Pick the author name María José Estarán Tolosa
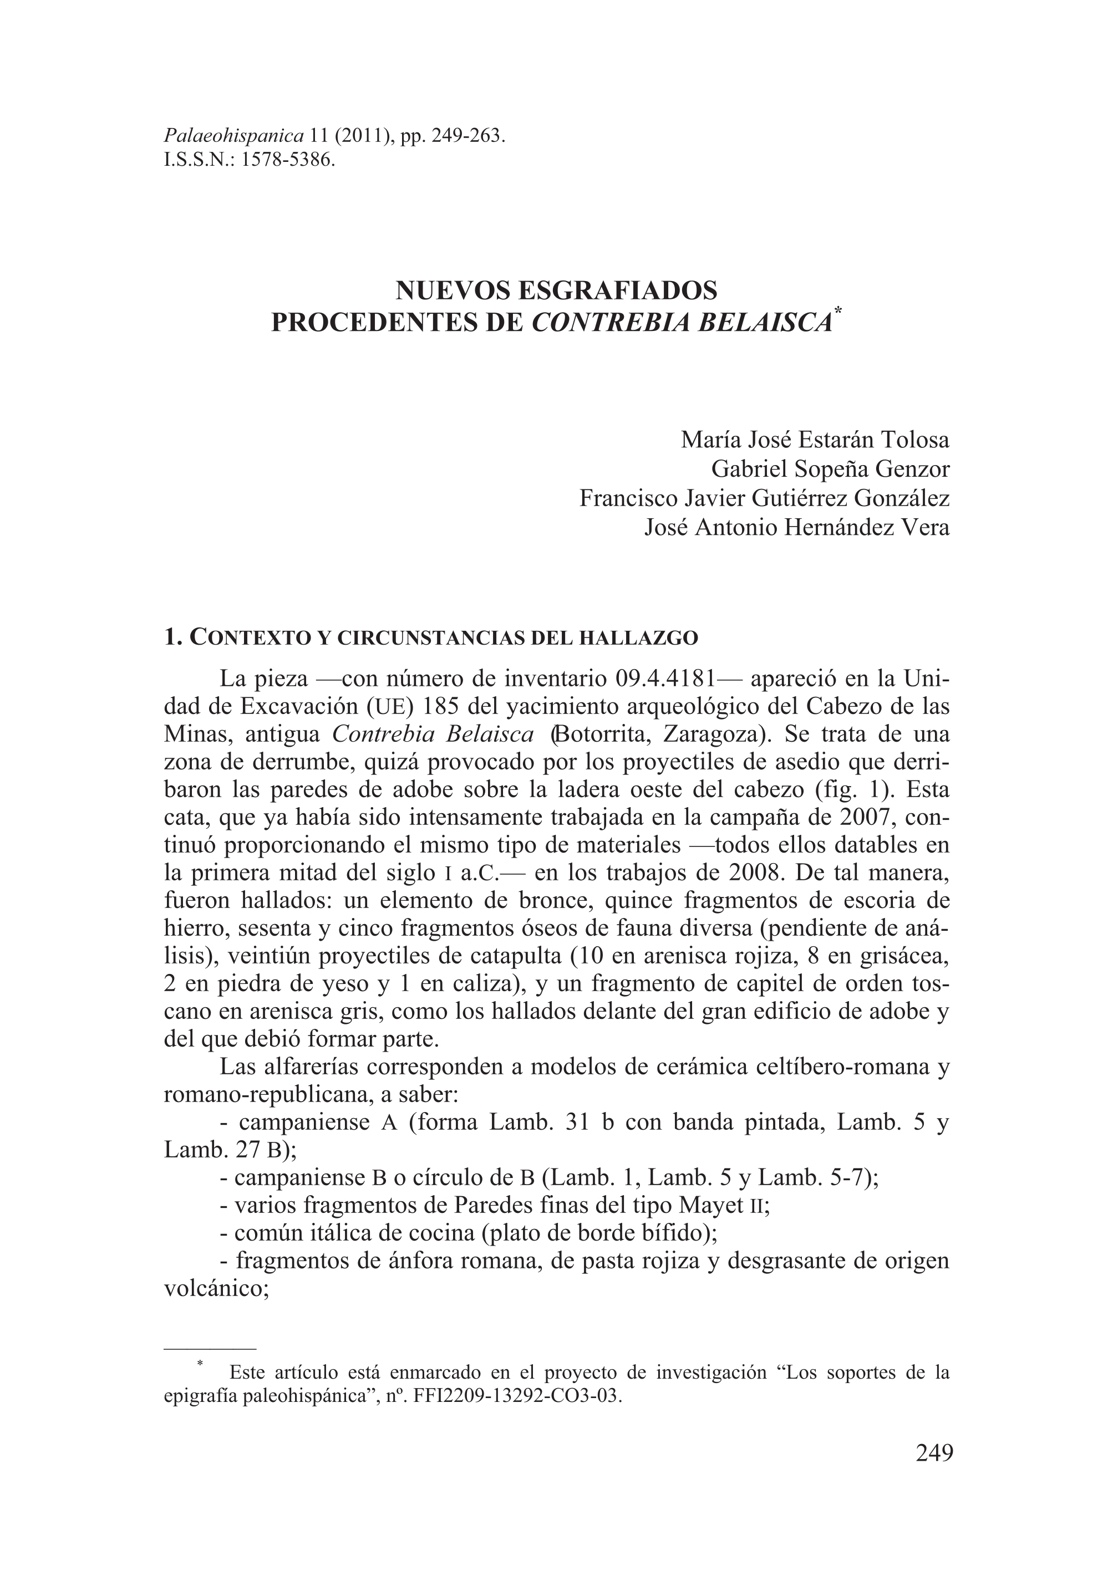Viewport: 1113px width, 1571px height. [815, 439]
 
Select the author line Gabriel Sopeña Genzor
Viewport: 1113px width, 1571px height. [831, 470]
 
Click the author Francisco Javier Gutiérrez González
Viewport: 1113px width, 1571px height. [764, 498]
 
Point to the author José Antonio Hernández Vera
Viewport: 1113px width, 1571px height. [797, 528]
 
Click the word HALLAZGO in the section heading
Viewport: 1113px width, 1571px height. [639, 639]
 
